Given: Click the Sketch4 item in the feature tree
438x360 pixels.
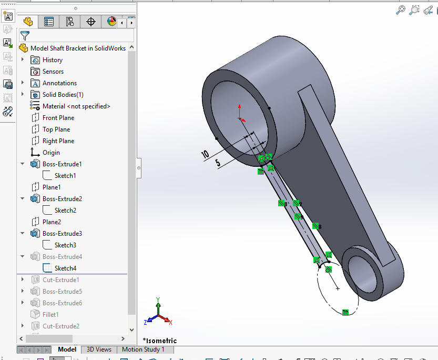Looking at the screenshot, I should (65, 268).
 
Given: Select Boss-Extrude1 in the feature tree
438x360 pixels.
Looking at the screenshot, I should (62, 164).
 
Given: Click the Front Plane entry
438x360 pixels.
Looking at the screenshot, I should (58, 118).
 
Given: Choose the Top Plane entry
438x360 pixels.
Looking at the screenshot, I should (56, 129).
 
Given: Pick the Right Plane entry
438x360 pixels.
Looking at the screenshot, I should (58, 141).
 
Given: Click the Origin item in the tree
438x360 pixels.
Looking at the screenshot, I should (51, 153).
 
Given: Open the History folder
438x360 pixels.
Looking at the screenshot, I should (52, 60).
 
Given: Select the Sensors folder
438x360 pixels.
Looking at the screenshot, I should (53, 72).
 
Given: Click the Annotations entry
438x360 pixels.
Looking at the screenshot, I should (59, 83).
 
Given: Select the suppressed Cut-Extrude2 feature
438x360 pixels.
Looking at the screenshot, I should (60, 326).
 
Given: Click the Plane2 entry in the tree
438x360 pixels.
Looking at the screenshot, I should (52, 222).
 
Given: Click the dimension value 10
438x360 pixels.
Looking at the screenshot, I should (205, 154).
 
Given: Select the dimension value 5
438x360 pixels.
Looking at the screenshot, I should (218, 163).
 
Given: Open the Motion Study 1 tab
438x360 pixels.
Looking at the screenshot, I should (143, 349).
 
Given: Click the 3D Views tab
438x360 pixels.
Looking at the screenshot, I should (99, 349).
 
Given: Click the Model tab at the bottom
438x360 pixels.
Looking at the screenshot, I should (67, 349).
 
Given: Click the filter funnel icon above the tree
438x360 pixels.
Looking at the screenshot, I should (25, 36).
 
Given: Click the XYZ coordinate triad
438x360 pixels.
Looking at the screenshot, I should (158, 314).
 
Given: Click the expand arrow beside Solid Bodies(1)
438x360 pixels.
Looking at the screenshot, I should (23, 95).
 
